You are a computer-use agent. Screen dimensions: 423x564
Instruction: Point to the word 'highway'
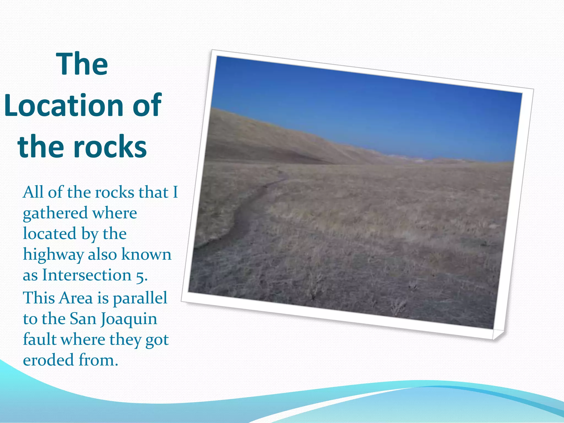(x=53, y=255)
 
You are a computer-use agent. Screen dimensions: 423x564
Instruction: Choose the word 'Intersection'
(x=87, y=275)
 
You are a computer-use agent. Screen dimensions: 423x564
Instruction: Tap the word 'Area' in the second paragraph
(x=76, y=298)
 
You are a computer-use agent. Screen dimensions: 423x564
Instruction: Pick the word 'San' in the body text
(x=82, y=319)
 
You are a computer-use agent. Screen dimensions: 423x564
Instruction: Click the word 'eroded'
(x=48, y=360)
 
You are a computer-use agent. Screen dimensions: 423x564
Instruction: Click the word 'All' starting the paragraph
(x=33, y=192)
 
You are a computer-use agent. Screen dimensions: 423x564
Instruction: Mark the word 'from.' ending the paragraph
(x=98, y=360)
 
